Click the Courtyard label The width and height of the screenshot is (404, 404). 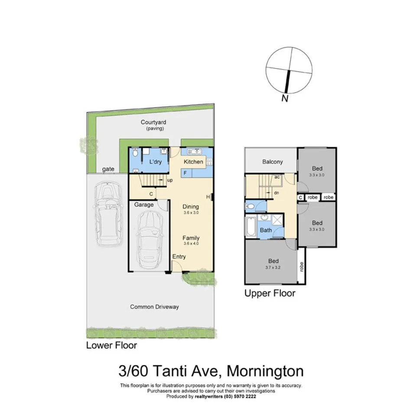153,122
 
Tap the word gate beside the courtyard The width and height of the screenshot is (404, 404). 108,169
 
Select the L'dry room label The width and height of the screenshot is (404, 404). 155,162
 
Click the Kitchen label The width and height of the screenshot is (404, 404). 193,162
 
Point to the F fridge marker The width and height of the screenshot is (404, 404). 185,173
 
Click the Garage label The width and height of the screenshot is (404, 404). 143,205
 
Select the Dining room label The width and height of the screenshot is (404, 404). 190,207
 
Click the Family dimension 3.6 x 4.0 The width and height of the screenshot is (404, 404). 191,244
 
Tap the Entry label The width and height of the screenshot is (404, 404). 179,257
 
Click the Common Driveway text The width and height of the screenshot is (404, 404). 154,307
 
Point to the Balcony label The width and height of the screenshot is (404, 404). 273,162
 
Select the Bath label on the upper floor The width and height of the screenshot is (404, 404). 266,230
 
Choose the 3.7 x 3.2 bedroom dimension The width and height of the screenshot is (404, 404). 273,267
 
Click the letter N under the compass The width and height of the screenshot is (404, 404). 285,98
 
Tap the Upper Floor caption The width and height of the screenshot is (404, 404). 270,293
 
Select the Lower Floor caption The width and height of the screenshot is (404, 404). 111,345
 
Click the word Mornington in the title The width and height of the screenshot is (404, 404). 265,371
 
